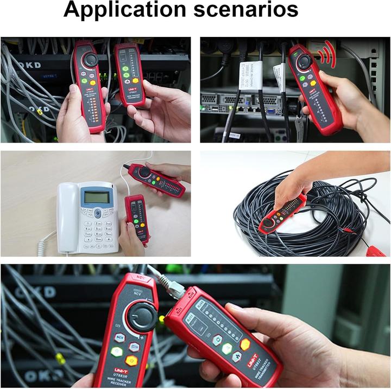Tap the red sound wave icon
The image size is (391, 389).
326,56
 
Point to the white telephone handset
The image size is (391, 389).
68,217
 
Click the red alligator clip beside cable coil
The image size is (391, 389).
375,251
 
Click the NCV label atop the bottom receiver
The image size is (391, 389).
143,278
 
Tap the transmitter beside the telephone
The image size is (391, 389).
137,218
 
